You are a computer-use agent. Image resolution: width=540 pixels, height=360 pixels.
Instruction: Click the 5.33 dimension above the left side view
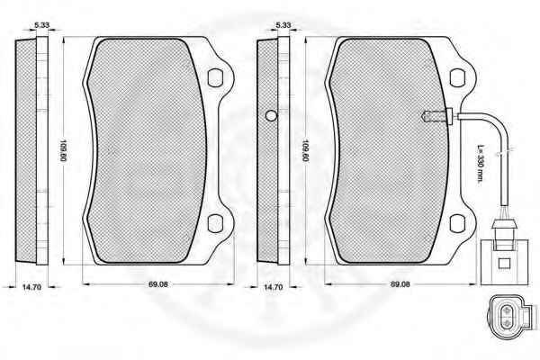tap(42, 25)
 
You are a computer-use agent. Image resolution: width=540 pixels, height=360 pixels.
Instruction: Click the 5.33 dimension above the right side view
tap(283, 25)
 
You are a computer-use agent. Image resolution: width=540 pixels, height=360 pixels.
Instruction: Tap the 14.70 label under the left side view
tap(31, 286)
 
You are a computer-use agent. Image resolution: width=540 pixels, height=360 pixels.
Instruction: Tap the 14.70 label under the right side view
tap(273, 286)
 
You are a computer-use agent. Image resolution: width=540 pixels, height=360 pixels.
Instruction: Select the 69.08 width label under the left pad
tap(158, 284)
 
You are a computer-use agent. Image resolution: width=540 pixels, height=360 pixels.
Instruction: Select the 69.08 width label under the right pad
tap(400, 284)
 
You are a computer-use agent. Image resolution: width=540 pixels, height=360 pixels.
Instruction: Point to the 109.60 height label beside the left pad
tap(63, 150)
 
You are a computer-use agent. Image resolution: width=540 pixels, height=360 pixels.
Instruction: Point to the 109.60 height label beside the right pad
tap(305, 150)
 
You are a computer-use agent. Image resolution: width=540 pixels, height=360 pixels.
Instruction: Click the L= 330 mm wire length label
tap(481, 163)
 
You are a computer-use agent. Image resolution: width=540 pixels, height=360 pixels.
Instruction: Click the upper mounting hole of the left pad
tap(215, 78)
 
